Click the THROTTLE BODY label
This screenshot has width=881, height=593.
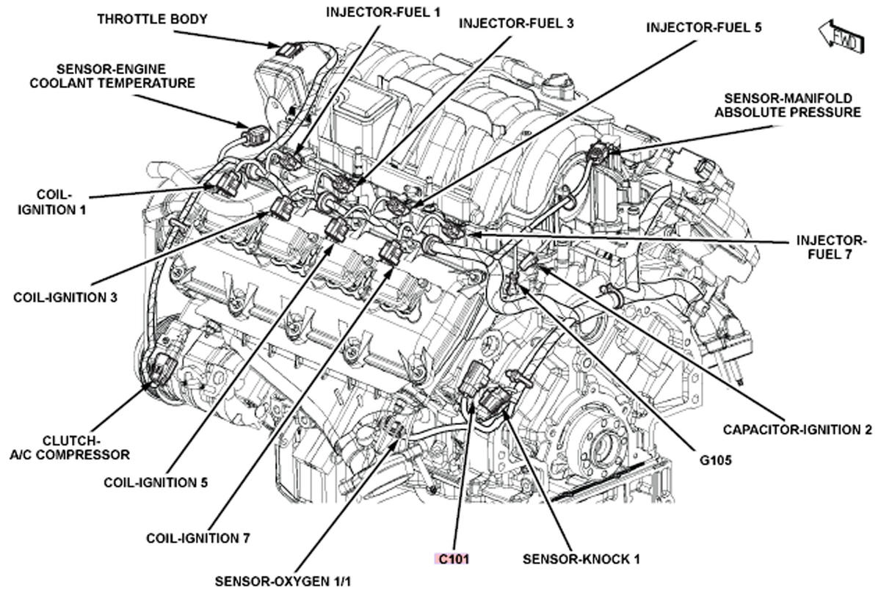tap(152, 19)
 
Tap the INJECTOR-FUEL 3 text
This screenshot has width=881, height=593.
tap(516, 23)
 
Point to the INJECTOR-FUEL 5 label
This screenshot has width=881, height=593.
tap(703, 28)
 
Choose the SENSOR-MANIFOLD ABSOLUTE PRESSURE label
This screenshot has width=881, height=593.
tap(788, 105)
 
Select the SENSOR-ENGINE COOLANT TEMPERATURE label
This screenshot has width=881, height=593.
tap(112, 76)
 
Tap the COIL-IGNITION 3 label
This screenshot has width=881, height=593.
tap(65, 297)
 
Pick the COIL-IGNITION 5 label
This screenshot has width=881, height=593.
tap(156, 482)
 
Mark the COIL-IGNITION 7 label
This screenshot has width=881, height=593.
tap(198, 538)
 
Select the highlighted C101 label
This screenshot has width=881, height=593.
tap(453, 559)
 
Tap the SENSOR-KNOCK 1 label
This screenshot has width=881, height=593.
tap(581, 559)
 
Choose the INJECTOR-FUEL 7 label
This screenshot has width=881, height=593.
tap(830, 247)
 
